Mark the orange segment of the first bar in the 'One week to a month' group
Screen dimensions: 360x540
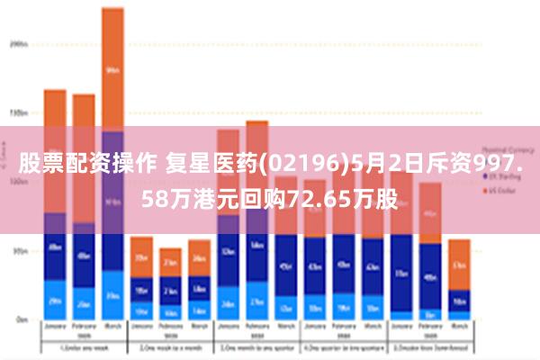pos(141,257)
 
